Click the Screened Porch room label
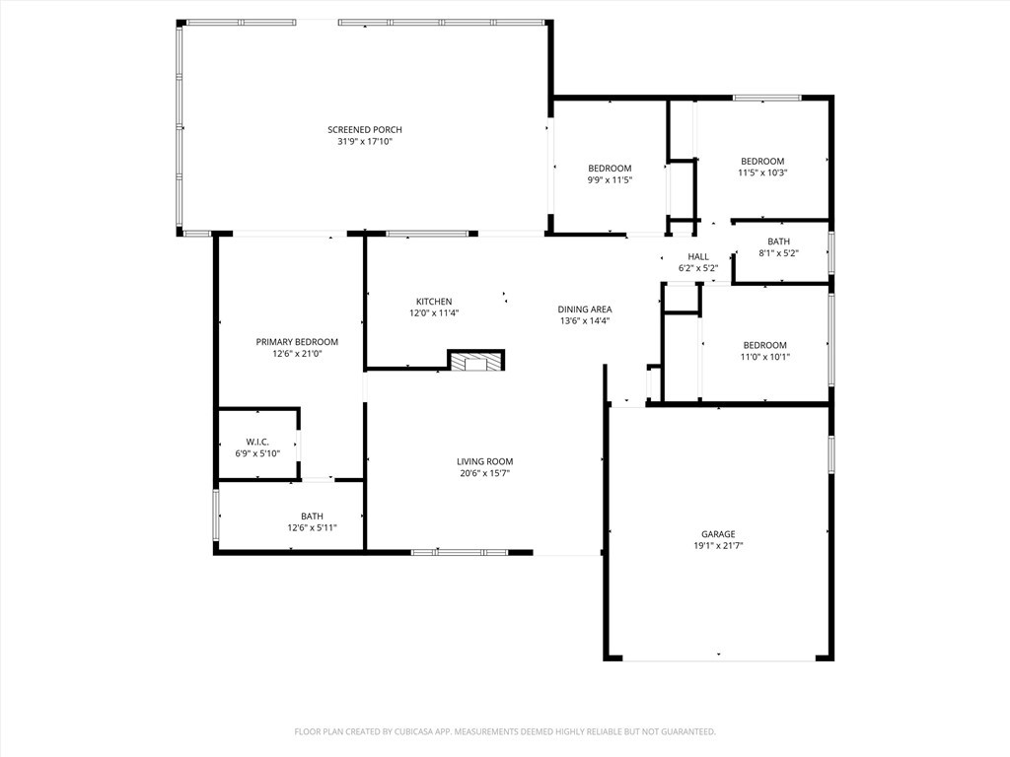[365, 130]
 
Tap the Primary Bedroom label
[297, 342]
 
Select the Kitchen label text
[434, 302]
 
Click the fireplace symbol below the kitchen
[476, 361]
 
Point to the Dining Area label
[585, 309]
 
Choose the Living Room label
[484, 461]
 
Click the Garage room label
[718, 534]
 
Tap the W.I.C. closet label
[257, 443]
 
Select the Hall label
[698, 256]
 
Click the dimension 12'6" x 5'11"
[312, 528]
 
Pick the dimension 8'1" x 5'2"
[778, 253]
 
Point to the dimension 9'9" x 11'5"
[610, 180]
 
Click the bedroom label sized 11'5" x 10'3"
[762, 162]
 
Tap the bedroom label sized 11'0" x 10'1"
[764, 345]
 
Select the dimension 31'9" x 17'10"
[365, 142]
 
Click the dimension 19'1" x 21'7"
[718, 546]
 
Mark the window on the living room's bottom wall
[460, 552]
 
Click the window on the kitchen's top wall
[427, 234]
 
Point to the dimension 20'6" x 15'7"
[484, 473]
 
